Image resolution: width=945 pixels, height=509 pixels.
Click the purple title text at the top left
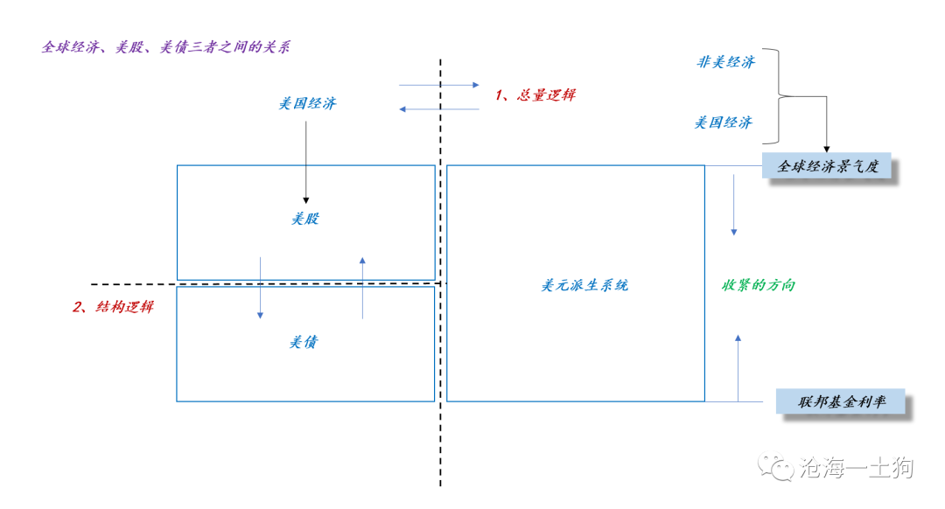pyautogui.click(x=165, y=47)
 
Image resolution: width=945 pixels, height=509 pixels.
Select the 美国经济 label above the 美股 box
pyautogui.click(x=307, y=103)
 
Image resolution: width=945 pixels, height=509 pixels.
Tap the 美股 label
pyautogui.click(x=305, y=219)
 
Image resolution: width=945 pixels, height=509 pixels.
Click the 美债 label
pyautogui.click(x=303, y=342)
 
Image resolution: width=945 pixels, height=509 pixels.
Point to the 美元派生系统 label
pyautogui.click(x=584, y=285)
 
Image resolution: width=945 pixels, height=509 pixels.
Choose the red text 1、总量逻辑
pyautogui.click(x=535, y=94)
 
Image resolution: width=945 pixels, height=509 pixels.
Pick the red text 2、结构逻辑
pyautogui.click(x=113, y=307)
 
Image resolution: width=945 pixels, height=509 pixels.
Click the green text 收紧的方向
pyautogui.click(x=759, y=285)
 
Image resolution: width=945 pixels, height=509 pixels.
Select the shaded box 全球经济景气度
pyautogui.click(x=827, y=165)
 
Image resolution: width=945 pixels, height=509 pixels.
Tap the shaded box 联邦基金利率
pyautogui.click(x=841, y=401)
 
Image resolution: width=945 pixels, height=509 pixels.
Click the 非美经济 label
pyautogui.click(x=725, y=62)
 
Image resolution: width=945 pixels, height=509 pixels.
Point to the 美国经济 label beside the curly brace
pyautogui.click(x=724, y=123)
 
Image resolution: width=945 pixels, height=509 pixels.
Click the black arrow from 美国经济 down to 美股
pyautogui.click(x=305, y=163)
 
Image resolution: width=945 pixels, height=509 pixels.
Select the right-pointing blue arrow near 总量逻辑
pyautogui.click(x=438, y=85)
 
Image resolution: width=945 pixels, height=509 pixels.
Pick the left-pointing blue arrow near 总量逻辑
pyautogui.click(x=438, y=109)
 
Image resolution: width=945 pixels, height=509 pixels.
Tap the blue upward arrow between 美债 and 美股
pyautogui.click(x=362, y=288)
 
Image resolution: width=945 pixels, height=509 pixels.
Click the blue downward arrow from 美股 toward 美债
pyautogui.click(x=261, y=288)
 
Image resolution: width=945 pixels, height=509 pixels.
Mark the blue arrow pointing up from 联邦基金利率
pyautogui.click(x=738, y=368)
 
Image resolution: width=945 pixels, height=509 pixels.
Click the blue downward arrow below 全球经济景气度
pyautogui.click(x=733, y=205)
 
